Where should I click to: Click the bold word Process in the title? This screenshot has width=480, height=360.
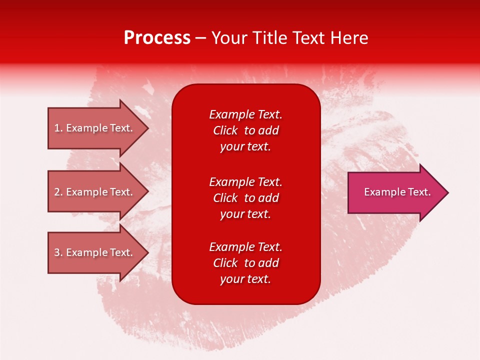coord(157,38)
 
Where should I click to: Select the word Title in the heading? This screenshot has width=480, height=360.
coord(270,38)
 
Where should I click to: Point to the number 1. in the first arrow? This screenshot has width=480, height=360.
coord(58,128)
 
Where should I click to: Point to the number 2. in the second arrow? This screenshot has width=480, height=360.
coord(58,192)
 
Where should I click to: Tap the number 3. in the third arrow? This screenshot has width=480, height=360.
coord(58,252)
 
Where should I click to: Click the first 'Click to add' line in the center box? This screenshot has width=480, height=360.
coord(245,130)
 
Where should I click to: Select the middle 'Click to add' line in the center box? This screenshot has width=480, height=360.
coord(245,198)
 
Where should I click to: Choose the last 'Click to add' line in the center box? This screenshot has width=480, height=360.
coord(245,263)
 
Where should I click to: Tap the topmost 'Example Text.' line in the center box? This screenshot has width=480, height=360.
coord(245,114)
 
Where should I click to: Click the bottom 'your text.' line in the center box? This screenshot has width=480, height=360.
coord(245,279)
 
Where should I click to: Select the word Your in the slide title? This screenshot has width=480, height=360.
coord(229,38)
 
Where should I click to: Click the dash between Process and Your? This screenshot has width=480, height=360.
coord(200,38)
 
